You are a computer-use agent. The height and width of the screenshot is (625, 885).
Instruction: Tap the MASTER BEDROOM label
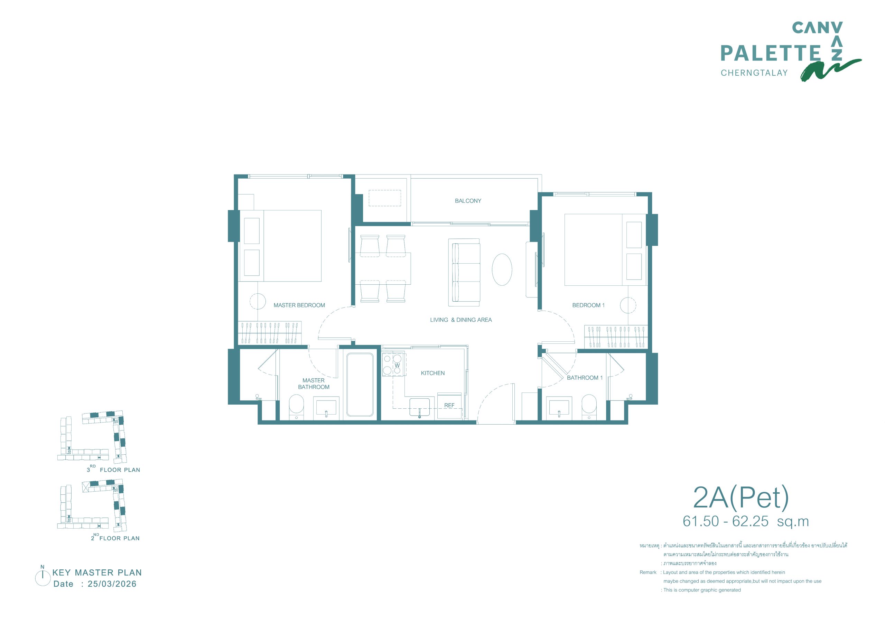299,305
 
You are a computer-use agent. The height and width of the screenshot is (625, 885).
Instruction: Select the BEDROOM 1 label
588,305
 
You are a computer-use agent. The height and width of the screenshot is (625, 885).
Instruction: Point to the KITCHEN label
432,373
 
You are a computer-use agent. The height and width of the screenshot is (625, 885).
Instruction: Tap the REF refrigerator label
449,405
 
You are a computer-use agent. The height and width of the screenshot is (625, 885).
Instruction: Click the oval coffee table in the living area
502,269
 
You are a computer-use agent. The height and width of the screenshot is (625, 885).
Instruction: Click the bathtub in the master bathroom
360,385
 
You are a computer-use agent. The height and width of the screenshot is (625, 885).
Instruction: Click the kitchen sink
419,408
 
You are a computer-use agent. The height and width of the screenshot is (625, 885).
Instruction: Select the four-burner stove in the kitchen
392,364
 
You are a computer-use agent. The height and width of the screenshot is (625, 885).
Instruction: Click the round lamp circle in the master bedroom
258,301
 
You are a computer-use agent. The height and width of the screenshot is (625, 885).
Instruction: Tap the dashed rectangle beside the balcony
385,198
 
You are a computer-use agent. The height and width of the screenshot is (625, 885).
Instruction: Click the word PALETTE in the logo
771,53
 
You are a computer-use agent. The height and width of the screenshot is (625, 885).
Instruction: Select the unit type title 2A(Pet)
741,498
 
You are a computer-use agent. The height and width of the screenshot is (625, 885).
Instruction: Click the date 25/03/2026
112,584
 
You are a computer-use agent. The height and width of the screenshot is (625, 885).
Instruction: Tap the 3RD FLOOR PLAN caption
113,469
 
